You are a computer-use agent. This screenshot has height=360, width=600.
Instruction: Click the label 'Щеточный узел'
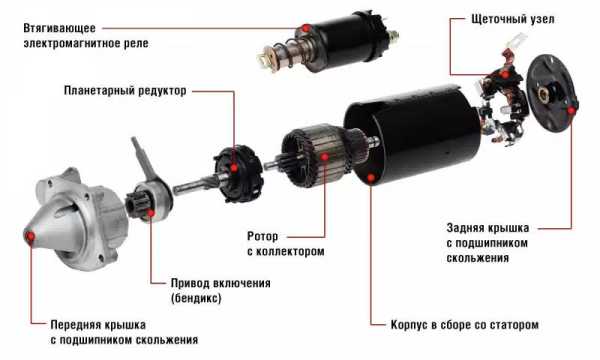(x=513, y=19)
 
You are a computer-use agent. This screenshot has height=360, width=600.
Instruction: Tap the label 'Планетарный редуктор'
(x=125, y=91)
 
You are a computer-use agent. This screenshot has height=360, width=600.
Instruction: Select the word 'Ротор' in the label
(x=262, y=236)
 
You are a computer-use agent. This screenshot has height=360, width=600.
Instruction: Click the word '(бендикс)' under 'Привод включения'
(x=196, y=298)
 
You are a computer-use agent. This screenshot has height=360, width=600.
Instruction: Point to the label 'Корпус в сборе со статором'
(x=465, y=325)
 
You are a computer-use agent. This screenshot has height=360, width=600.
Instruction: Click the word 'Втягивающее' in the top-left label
(x=59, y=28)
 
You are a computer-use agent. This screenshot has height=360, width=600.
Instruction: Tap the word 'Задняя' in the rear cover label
(x=466, y=228)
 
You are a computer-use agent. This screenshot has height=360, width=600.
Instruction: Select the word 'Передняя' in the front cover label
(x=74, y=325)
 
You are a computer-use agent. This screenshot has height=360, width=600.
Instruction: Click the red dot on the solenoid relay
(x=306, y=28)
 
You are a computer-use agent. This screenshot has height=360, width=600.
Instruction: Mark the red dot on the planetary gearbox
(x=234, y=168)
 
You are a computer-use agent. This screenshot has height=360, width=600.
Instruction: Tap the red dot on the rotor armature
(x=325, y=156)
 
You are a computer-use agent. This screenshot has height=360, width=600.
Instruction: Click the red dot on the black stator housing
(x=371, y=178)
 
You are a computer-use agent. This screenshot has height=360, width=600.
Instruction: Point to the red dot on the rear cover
(x=571, y=111)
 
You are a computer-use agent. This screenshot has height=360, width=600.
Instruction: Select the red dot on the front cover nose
(x=30, y=237)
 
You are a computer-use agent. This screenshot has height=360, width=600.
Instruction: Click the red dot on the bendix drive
(x=151, y=213)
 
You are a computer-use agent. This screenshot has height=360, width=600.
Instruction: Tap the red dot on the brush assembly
(x=505, y=74)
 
